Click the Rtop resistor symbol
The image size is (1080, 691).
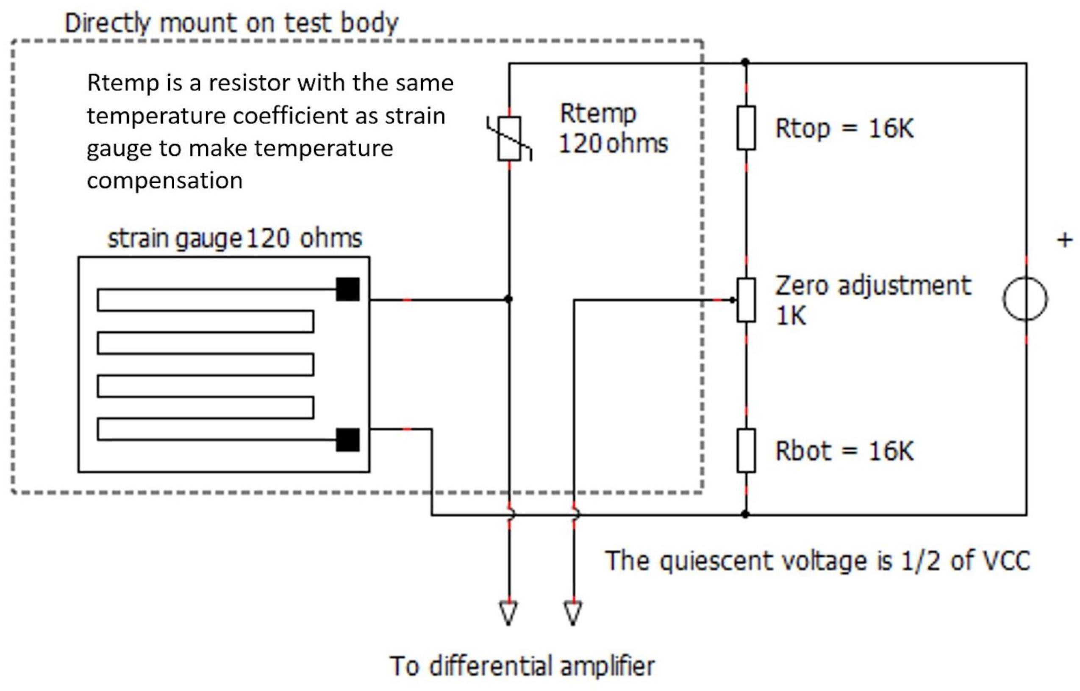746,128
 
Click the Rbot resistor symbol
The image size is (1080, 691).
746,451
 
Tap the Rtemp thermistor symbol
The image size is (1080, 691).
509,138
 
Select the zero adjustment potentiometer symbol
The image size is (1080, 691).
746,300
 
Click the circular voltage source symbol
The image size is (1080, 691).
1025,299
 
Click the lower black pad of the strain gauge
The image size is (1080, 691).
348,440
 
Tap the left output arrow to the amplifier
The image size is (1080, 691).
508,613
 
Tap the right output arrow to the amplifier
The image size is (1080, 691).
573,613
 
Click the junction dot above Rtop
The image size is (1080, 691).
745,62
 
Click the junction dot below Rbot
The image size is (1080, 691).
745,514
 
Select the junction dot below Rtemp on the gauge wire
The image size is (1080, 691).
508,299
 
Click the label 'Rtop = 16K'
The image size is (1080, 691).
844,129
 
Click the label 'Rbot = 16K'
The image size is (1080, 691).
844,451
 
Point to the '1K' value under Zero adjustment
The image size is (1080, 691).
791,316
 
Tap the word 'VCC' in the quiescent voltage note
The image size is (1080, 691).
1006,561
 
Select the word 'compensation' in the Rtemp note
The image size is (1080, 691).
165,181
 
